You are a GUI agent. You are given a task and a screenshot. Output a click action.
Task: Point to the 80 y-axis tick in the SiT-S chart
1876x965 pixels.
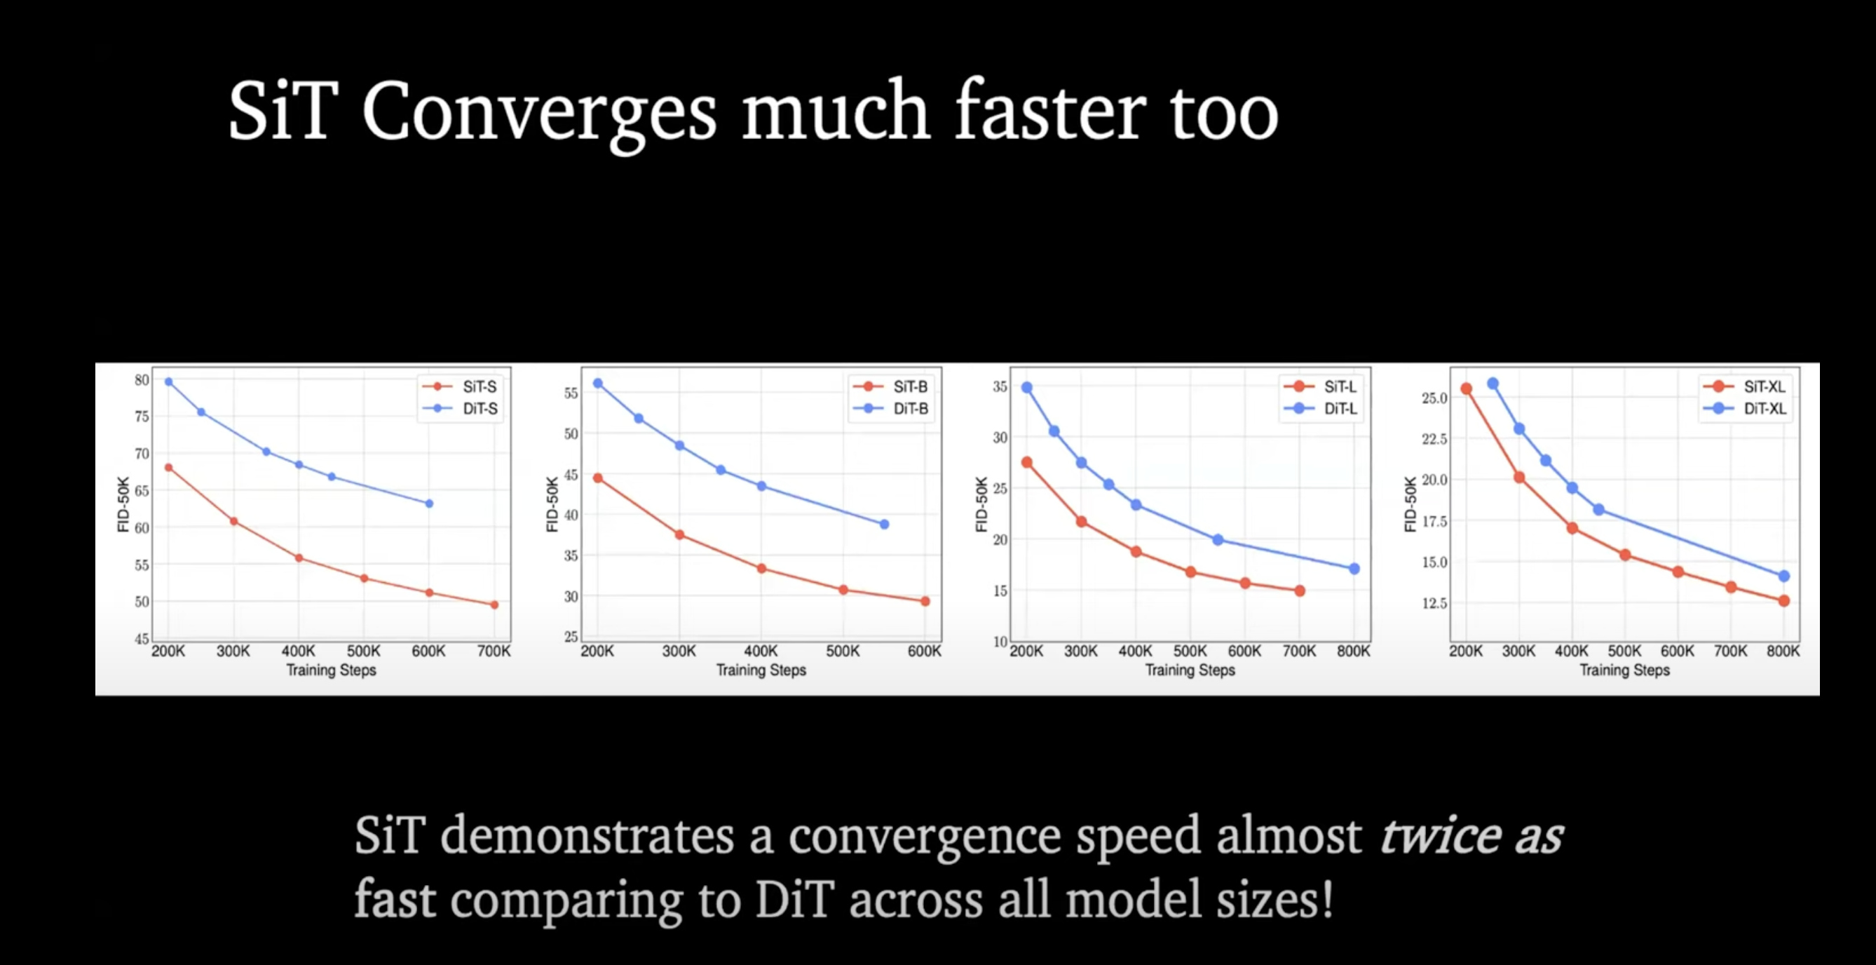[142, 380]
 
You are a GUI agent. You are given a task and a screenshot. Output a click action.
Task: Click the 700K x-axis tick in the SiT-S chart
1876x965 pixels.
[494, 651]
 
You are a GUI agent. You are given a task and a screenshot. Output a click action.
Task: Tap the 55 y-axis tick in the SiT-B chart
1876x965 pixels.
[571, 393]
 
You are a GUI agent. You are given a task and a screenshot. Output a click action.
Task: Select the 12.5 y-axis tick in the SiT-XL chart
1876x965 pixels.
[1434, 603]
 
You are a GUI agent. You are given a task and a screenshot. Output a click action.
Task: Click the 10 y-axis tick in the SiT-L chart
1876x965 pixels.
[1000, 642]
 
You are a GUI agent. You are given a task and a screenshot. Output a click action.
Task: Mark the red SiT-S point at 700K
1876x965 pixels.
[494, 605]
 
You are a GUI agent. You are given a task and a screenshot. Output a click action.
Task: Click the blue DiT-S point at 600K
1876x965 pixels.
[429, 504]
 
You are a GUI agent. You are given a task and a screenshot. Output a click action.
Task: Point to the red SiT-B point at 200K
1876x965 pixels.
[598, 478]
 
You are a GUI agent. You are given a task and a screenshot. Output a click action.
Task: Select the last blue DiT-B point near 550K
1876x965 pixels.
[884, 525]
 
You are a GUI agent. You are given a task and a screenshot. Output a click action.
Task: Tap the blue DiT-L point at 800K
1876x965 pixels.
[1354, 569]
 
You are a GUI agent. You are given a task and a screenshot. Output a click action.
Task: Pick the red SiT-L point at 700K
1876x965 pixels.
[1300, 591]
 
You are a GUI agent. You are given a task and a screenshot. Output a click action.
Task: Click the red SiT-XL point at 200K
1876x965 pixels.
[1466, 389]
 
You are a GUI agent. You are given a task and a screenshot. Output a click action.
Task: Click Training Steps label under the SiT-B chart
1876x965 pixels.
[761, 670]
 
